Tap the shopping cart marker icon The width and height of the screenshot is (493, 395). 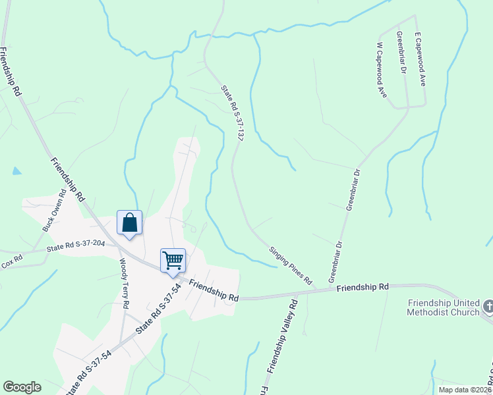[173, 259]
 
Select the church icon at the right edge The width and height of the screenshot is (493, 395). [488, 305]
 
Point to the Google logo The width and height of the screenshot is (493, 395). [22, 387]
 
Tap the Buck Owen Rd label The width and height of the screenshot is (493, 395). [55, 211]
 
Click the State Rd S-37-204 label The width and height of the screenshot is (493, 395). [76, 246]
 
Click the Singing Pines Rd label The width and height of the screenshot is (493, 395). [290, 265]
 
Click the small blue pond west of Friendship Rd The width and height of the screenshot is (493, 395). [16, 171]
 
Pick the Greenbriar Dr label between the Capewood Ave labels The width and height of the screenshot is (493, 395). [401, 51]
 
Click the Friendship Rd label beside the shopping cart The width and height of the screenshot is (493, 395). [214, 290]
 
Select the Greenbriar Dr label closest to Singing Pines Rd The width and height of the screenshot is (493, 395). [336, 258]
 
